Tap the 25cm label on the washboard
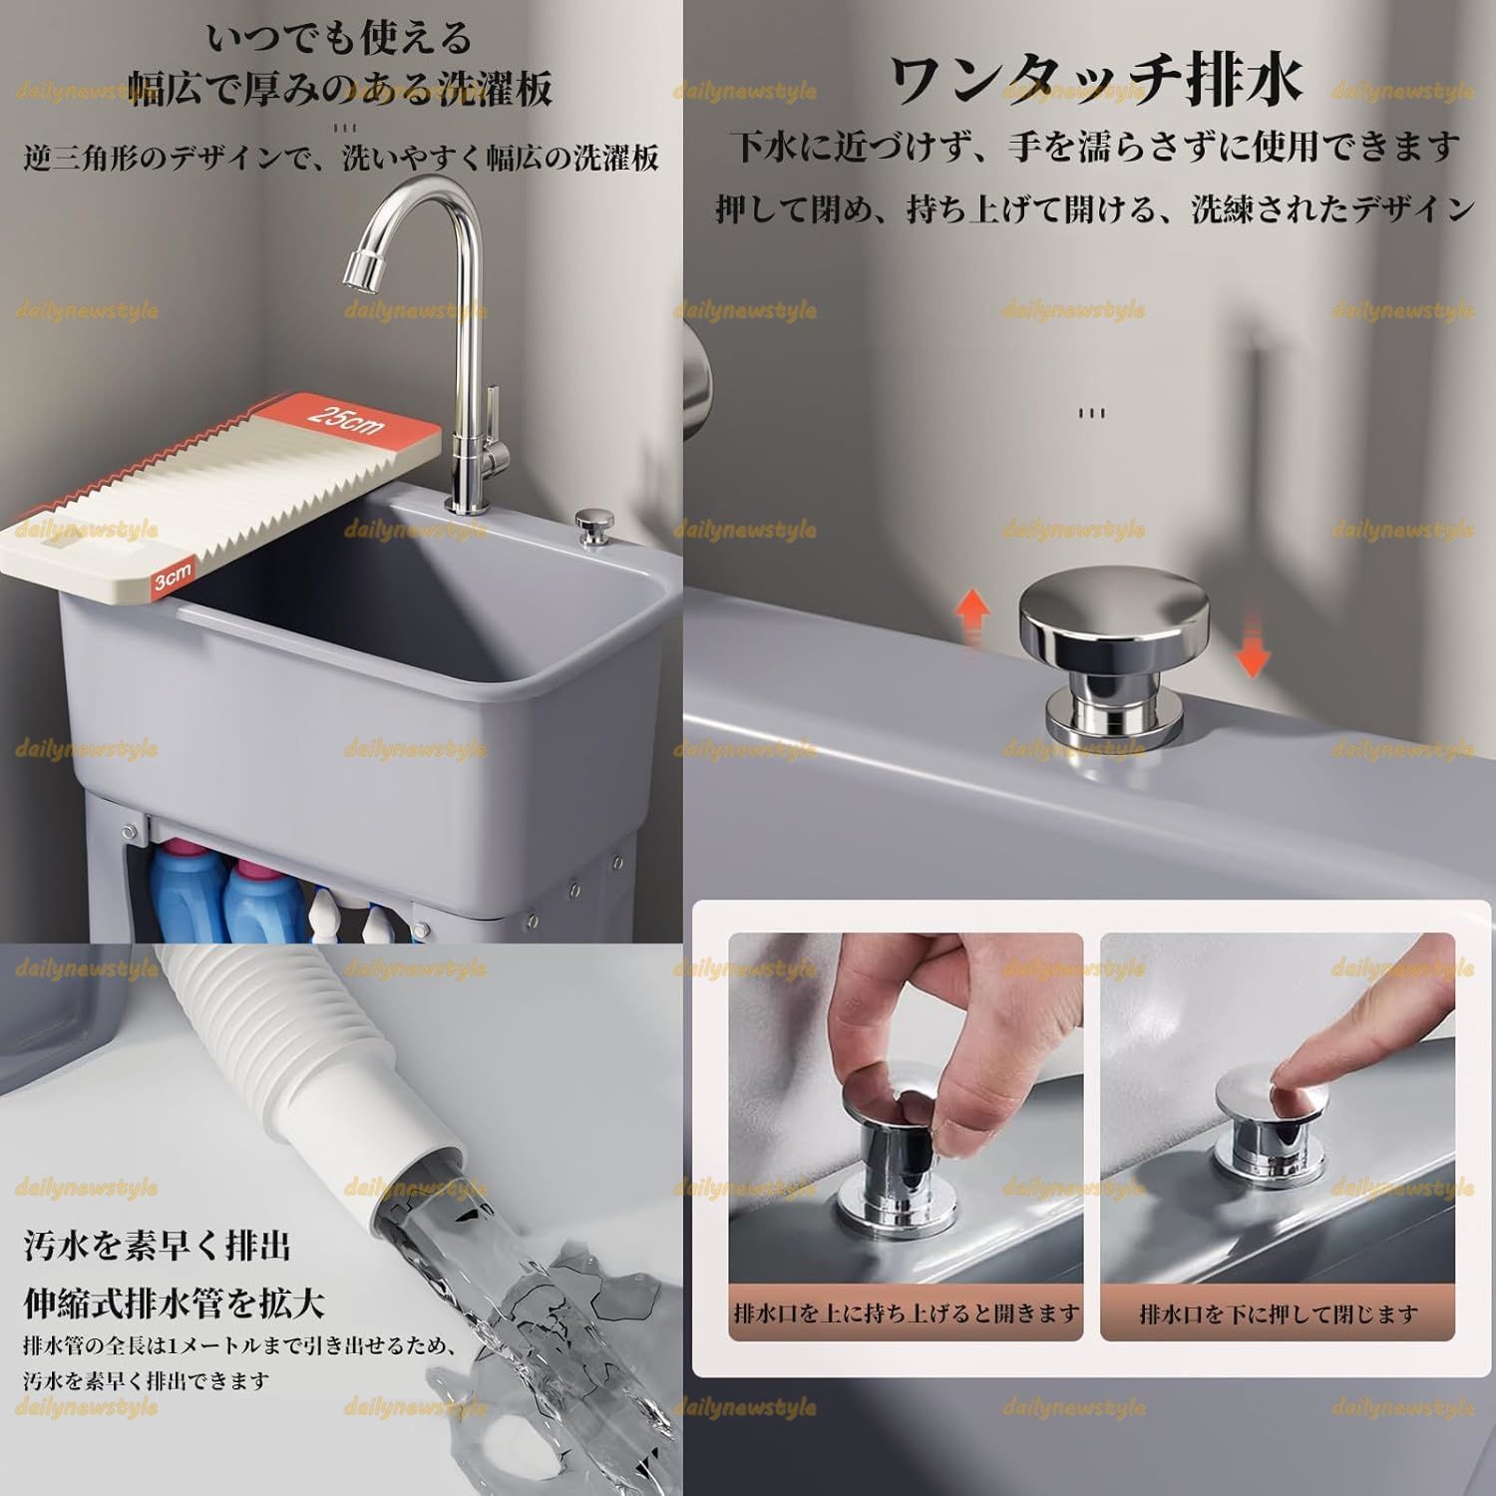pyautogui.click(x=346, y=420)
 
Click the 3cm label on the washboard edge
pyautogui.click(x=172, y=578)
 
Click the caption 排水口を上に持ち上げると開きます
pyautogui.click(x=906, y=1313)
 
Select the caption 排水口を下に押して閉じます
pyautogui.click(x=1278, y=1313)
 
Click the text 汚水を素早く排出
pyautogui.click(x=158, y=1246)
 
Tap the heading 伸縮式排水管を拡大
pyautogui.click(x=174, y=1302)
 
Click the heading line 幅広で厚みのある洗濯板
pyautogui.click(x=340, y=91)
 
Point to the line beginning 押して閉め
pyautogui.click(x=1094, y=209)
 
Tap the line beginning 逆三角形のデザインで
pyautogui.click(x=340, y=158)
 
